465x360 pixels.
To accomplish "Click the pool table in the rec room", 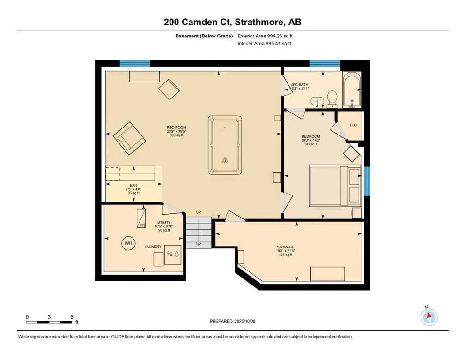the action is [225, 145].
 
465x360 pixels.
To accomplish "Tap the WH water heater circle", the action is [128, 243].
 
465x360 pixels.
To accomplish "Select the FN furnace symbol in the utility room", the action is [141, 218].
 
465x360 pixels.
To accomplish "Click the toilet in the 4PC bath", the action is [332, 99].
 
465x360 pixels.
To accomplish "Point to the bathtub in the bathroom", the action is [352, 90].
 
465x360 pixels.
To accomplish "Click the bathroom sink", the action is [317, 102].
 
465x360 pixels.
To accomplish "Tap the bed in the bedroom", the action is [335, 186].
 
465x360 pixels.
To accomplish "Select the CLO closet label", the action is [353, 125].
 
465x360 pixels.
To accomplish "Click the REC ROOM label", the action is [176, 127].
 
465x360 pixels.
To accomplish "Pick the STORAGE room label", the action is [285, 247].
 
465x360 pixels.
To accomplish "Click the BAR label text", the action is [133, 185].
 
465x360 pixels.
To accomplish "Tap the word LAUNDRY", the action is [153, 247].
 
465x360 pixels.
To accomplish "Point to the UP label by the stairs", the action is [199, 212].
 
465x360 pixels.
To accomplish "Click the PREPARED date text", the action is [232, 321].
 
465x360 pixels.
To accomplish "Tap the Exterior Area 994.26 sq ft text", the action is [265, 36].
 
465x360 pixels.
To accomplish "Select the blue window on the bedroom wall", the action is [367, 181].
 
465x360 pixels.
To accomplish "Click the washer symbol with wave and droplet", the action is [173, 255].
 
